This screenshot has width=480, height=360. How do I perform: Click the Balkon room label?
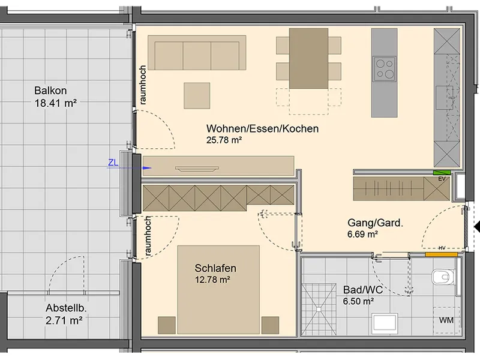click(x=50, y=91)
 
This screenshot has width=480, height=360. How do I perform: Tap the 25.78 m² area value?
click(x=224, y=140)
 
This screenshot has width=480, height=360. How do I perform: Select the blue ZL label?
click(x=113, y=163)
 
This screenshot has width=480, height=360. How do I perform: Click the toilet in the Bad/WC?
click(x=443, y=277)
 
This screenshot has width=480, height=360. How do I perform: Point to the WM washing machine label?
click(x=446, y=320)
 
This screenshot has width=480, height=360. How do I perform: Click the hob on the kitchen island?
click(x=385, y=69)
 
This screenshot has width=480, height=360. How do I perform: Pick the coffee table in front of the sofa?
click(x=197, y=95)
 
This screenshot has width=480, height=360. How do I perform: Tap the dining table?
click(x=308, y=58)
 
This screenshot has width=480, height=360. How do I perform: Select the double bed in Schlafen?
click(x=218, y=290)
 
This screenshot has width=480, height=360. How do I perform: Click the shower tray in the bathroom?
click(x=319, y=310)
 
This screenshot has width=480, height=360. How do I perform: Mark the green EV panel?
click(x=442, y=173)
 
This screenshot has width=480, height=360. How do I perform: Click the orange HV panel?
click(x=442, y=254)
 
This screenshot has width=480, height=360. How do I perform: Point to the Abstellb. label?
click(x=66, y=308)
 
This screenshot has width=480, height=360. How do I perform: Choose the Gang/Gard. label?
click(x=376, y=223)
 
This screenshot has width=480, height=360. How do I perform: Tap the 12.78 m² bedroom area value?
click(x=212, y=280)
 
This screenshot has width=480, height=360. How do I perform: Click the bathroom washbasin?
click(x=385, y=323)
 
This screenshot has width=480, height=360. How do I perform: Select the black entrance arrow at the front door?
click(x=477, y=227)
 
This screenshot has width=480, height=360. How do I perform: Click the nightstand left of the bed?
click(x=167, y=325)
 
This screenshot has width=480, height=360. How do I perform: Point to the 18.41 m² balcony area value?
click(x=55, y=103)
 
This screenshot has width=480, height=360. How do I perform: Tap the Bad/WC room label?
click(x=363, y=290)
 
